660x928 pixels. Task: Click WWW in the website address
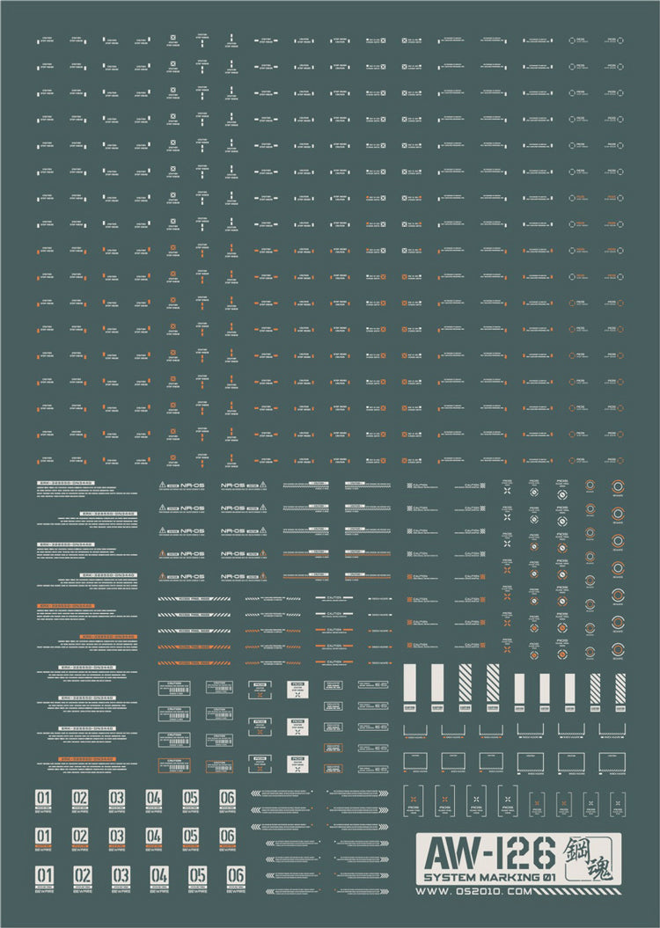point(431,894)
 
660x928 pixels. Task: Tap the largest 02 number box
point(82,875)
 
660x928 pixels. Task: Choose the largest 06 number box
point(235,875)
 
